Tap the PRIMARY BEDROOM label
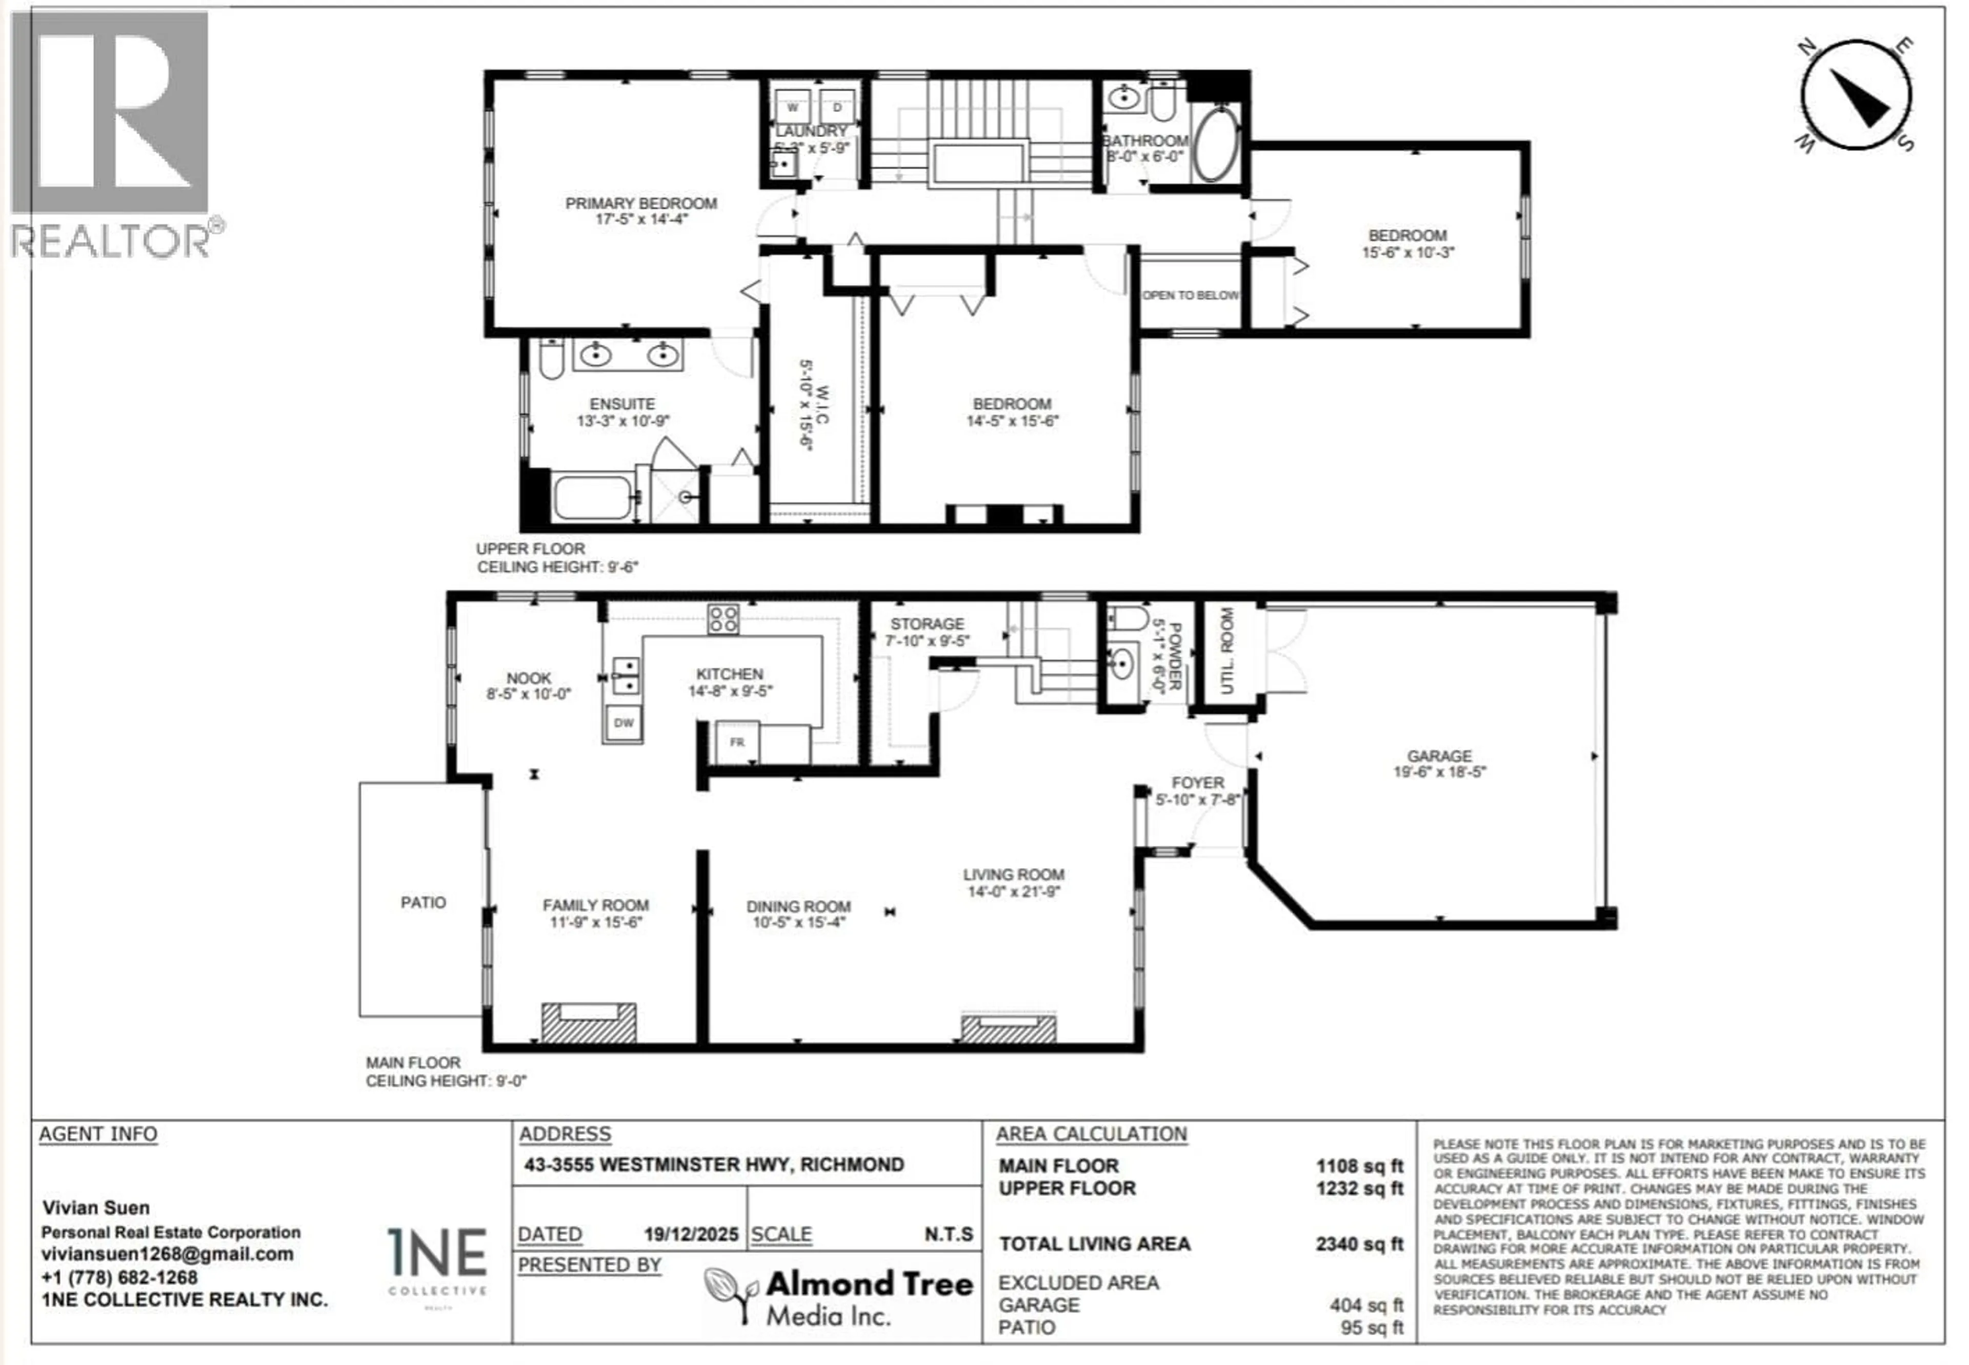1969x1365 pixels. coord(641,203)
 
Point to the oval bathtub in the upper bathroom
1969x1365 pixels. coord(1216,143)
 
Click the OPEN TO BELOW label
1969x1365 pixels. coord(1190,295)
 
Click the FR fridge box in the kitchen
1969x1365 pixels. coord(737,742)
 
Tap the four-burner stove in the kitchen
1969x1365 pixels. coord(723,618)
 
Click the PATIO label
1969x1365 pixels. coord(423,902)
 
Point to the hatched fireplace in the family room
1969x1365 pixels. coord(589,1023)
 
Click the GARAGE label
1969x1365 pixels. coord(1439,756)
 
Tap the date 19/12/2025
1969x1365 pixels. coord(691,1234)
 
